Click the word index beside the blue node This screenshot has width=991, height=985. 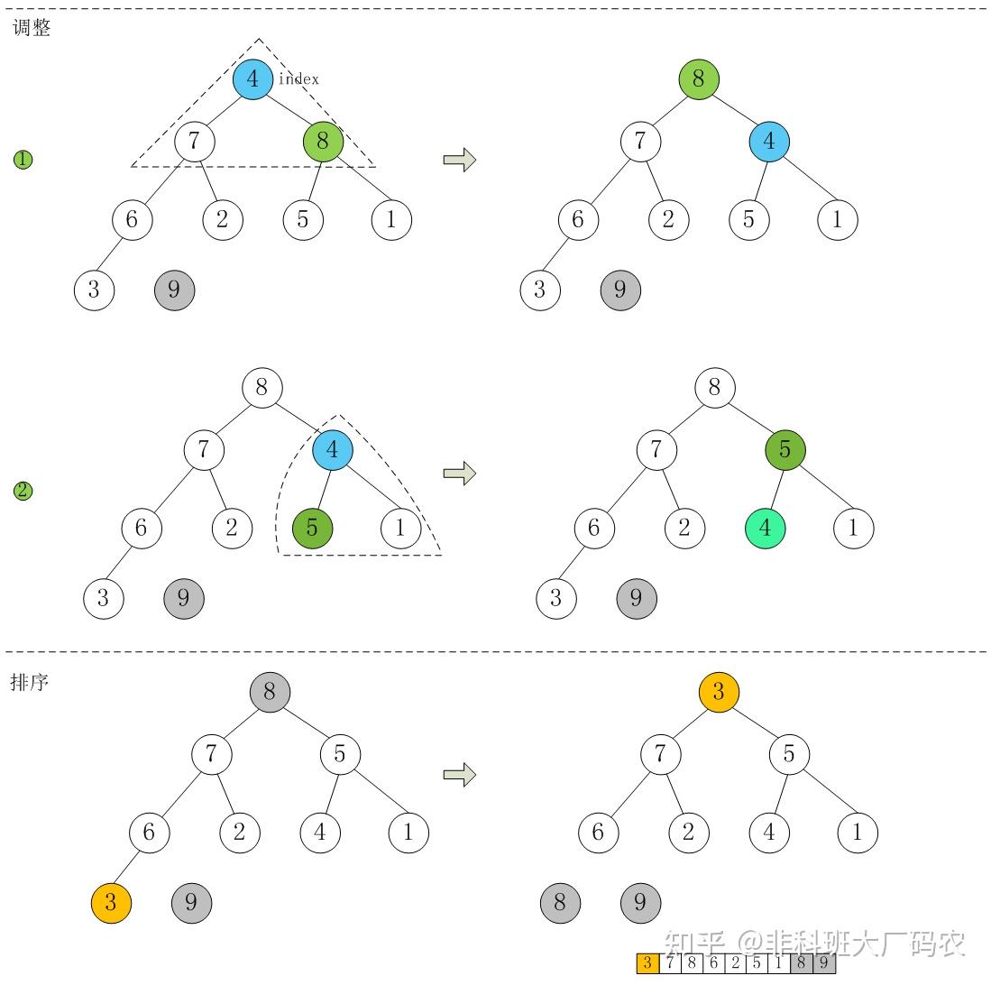pyautogui.click(x=298, y=79)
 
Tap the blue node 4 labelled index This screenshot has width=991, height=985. pyautogui.click(x=252, y=79)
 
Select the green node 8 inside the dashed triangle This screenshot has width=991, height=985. pyautogui.click(x=323, y=142)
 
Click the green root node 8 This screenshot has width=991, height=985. pyautogui.click(x=699, y=79)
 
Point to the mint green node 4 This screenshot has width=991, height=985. pyautogui.click(x=766, y=528)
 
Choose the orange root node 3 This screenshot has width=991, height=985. pyautogui.click(x=719, y=692)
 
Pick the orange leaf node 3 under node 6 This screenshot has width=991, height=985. pyautogui.click(x=111, y=902)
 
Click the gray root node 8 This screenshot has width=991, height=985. pyautogui.click(x=270, y=693)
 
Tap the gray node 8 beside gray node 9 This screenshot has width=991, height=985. pyautogui.click(x=560, y=902)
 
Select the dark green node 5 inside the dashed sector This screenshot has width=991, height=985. pyautogui.click(x=312, y=528)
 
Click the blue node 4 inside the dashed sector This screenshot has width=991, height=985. pyautogui.click(x=333, y=450)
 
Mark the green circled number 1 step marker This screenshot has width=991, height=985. pyautogui.click(x=23, y=160)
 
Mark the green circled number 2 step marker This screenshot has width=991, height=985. pyautogui.click(x=23, y=492)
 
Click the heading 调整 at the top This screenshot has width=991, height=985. pyautogui.click(x=32, y=28)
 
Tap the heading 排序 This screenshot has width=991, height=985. pyautogui.click(x=30, y=682)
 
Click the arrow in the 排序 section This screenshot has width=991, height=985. pyautogui.click(x=460, y=774)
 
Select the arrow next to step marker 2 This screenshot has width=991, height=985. pyautogui.click(x=460, y=473)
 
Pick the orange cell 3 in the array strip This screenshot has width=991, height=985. pyautogui.click(x=647, y=963)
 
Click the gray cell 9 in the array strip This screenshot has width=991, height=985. pyautogui.click(x=824, y=963)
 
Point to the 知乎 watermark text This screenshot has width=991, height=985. pyautogui.click(x=694, y=944)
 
